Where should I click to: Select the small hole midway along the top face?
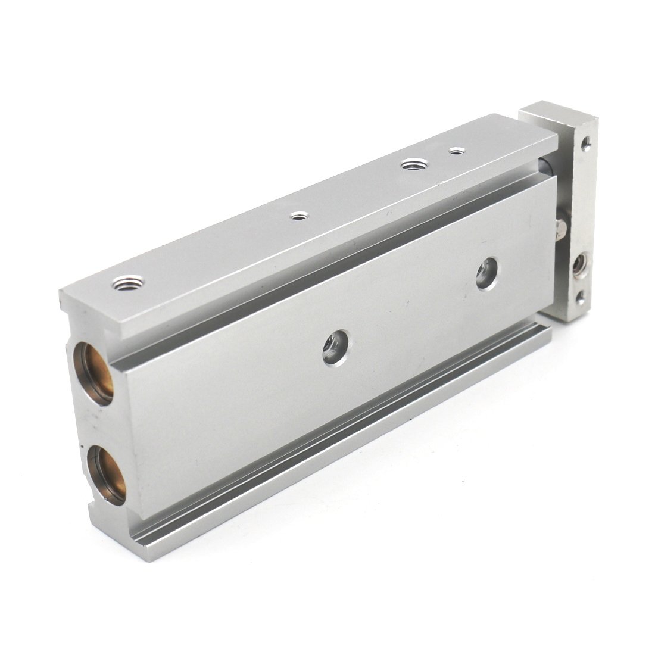297,216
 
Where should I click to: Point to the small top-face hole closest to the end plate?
457,151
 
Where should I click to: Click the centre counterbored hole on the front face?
335,348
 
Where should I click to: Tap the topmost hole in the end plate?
587,143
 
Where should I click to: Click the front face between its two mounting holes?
411,310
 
